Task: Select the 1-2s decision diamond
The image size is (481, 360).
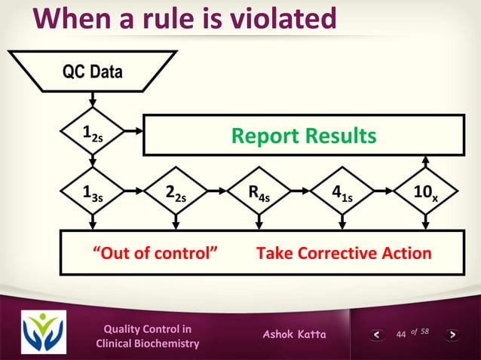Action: (x=92, y=135)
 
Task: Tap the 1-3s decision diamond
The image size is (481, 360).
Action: (x=92, y=198)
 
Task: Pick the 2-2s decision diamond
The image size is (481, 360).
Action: (x=175, y=198)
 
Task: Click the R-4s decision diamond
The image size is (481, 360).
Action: (x=259, y=198)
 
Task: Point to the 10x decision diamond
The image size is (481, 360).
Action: (x=426, y=198)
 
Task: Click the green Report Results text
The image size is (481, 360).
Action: (x=302, y=136)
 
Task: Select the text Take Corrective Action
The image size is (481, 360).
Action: (x=344, y=253)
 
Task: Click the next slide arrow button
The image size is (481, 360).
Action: (x=452, y=334)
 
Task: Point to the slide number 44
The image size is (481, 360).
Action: (x=401, y=334)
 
